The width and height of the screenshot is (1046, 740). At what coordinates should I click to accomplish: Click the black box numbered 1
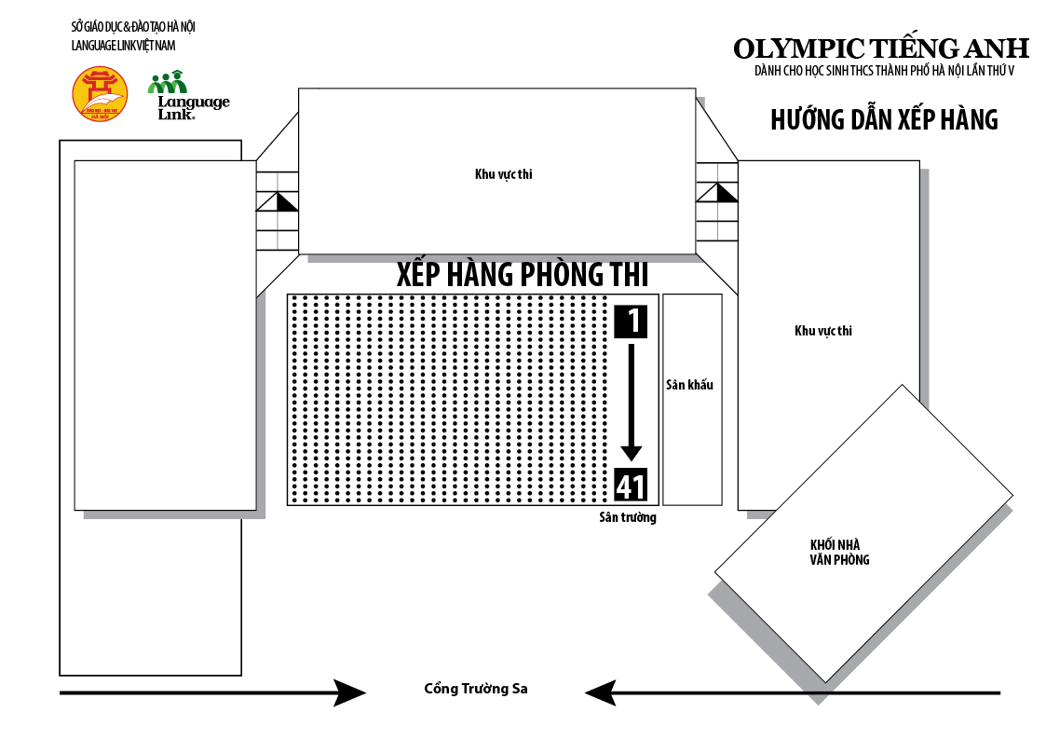point(631,321)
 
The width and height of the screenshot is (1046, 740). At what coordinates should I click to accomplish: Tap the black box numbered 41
point(631,486)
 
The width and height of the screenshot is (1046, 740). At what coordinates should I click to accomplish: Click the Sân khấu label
point(689,384)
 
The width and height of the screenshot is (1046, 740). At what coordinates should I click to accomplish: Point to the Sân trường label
point(628,517)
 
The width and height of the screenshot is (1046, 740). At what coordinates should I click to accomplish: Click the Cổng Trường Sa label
point(475,689)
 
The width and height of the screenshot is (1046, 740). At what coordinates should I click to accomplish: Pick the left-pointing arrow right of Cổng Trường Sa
point(792,692)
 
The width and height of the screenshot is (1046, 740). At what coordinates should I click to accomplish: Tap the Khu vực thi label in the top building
point(503,173)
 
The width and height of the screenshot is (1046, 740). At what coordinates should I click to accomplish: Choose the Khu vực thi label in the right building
point(823,330)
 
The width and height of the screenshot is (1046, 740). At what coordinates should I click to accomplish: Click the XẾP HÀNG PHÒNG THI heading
point(522,274)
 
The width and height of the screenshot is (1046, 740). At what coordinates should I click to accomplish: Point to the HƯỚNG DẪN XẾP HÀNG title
point(884,120)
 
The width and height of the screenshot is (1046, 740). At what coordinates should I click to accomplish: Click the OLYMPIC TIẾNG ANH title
point(880,48)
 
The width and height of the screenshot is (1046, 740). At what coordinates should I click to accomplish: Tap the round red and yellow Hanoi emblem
point(100,94)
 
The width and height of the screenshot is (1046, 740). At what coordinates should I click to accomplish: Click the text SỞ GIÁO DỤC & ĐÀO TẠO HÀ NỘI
point(133,26)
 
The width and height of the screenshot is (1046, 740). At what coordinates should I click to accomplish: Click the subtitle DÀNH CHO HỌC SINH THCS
point(884,71)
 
